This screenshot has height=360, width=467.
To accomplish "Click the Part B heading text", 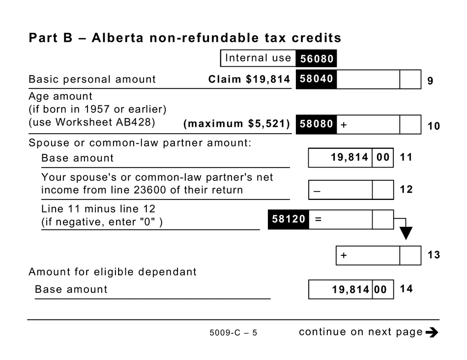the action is (185, 38).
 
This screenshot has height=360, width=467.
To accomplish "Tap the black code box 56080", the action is (316, 59).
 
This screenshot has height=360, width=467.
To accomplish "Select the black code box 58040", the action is (316, 79).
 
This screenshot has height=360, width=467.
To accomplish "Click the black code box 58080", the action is (316, 124).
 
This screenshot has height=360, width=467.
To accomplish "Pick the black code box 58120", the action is (288, 220).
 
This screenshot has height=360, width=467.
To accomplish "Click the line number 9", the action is (430, 81).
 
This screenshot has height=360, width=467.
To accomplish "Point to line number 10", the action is (433, 126).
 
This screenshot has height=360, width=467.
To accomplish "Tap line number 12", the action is (406, 190).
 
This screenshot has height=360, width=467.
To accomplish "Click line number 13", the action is (433, 255).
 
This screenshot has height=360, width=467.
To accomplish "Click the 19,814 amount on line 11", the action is (350, 158).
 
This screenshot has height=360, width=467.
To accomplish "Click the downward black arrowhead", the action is (406, 232).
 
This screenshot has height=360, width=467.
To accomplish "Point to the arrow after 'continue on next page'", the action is (432, 332).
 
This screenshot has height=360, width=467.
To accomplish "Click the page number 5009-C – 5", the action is (233, 333).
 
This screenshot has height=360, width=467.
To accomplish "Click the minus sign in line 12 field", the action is (317, 191).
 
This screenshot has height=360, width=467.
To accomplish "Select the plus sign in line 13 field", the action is (344, 256).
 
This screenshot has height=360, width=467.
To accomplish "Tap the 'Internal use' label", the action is (258, 58).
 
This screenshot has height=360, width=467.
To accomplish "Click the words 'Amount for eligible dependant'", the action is (113, 272).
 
